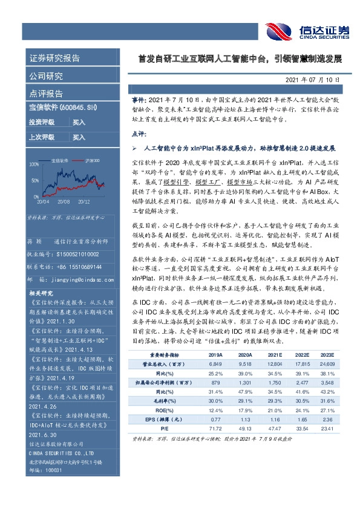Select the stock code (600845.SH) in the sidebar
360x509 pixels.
pos(71,107)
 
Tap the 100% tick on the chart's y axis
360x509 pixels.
pos(34,164)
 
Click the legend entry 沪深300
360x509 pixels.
pos(92,161)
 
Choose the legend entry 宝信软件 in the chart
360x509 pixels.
pos(59,161)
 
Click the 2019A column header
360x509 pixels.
pos(216,356)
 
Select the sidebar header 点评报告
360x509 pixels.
pos(47,94)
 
